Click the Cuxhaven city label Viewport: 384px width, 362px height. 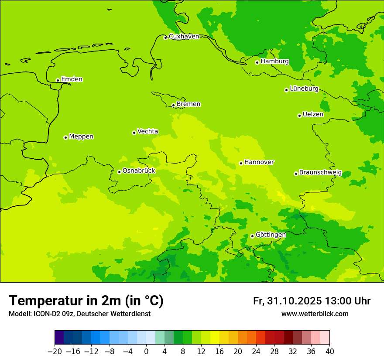(x=184, y=37)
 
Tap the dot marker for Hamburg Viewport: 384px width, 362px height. (x=257, y=62)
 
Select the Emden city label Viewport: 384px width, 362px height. (x=72, y=79)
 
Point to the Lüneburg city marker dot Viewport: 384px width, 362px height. (x=286, y=90)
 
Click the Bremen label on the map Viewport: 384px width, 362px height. (x=188, y=104)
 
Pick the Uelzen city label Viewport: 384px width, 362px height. (x=313, y=115)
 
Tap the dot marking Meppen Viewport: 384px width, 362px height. (x=65, y=137)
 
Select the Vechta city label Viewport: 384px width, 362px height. (x=147, y=131)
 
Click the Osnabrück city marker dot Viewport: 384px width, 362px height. (x=119, y=172)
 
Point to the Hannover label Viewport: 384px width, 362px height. (x=259, y=162)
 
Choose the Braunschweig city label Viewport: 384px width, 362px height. (x=320, y=173)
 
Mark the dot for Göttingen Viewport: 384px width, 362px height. (x=252, y=236)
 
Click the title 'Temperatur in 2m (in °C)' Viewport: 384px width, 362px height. (x=86, y=301)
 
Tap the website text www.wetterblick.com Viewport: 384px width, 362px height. (x=315, y=314)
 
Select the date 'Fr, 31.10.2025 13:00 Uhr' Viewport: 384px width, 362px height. (x=312, y=301)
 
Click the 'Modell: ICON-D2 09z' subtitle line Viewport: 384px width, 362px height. (x=79, y=314)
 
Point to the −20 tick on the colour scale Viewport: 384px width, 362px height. (x=55, y=352)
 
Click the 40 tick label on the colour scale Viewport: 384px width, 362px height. (x=329, y=352)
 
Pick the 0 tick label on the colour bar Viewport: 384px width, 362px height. (x=146, y=352)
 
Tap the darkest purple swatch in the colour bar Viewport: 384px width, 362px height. (x=59, y=338)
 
